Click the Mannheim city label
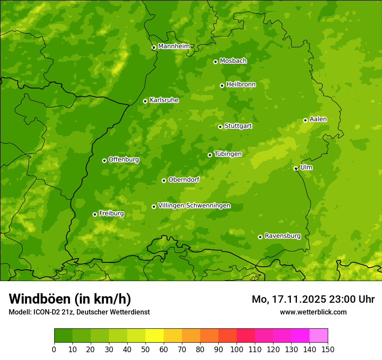[x=174, y=46]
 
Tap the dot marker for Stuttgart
[x=220, y=127]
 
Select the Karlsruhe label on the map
[x=164, y=100]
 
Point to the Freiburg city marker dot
[x=95, y=214]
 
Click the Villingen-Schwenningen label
[x=194, y=206]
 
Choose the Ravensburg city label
[x=282, y=236]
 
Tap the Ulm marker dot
[x=296, y=168]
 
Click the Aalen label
[x=318, y=119]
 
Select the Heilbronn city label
[x=241, y=85]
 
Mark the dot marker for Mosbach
[x=215, y=62]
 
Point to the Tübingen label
[x=228, y=154]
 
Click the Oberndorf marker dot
[x=164, y=180]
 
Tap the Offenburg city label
[x=124, y=160]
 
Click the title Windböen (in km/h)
[x=70, y=299]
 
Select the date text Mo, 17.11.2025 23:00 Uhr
[x=313, y=299]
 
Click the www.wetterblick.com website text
[x=313, y=312]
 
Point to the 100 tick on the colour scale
[x=237, y=349]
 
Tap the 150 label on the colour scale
[x=328, y=349]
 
